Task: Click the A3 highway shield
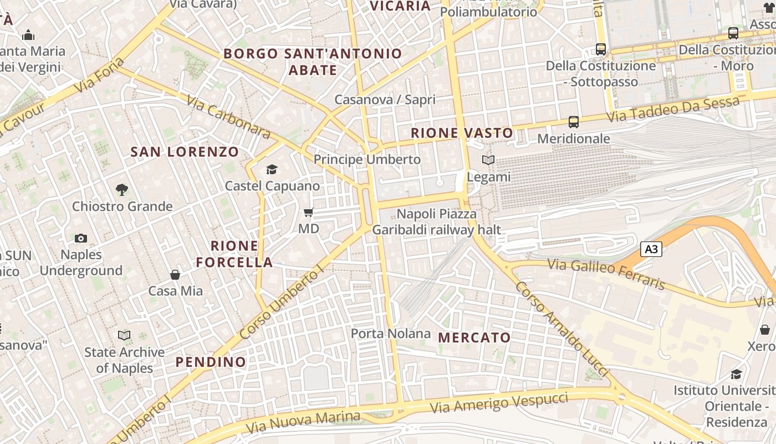pyautogui.click(x=651, y=249)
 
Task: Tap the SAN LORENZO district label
pyautogui.click(x=185, y=152)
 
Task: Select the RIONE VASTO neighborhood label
pyautogui.click(x=462, y=133)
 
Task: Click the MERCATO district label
pyautogui.click(x=474, y=337)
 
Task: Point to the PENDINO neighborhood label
pyautogui.click(x=211, y=362)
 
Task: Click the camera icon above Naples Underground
pyautogui.click(x=81, y=238)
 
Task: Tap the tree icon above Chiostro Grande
pyautogui.click(x=122, y=190)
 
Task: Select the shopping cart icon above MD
pyautogui.click(x=309, y=212)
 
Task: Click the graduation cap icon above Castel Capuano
pyautogui.click(x=272, y=169)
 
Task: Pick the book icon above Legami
pyautogui.click(x=488, y=160)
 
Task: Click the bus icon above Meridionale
pyautogui.click(x=574, y=122)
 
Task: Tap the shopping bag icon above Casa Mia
pyautogui.click(x=175, y=275)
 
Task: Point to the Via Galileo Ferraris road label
pyautogui.click(x=606, y=274)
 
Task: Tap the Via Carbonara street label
pyautogui.click(x=228, y=117)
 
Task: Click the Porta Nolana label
pyautogui.click(x=391, y=334)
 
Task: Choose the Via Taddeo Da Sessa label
pyautogui.click(x=673, y=109)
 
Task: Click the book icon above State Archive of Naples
pyautogui.click(x=124, y=335)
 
